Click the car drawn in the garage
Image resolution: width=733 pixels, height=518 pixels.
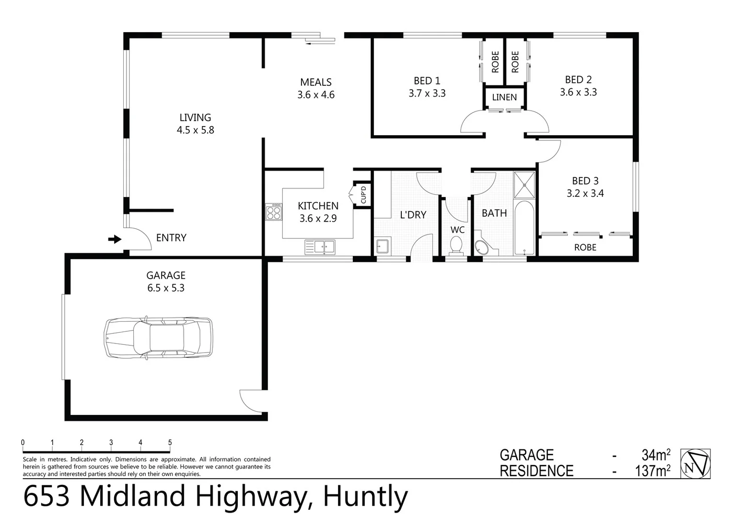pos(158,338)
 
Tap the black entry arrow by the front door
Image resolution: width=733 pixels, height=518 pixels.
pos(115,239)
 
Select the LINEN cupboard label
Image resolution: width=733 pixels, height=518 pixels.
pos(504,97)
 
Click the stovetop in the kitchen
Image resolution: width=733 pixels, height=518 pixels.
pos(274,212)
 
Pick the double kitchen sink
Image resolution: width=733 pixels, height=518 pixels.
pos(320,247)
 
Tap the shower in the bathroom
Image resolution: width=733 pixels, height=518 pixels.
pos(524,185)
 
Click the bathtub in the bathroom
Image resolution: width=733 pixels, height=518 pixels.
pos(524,228)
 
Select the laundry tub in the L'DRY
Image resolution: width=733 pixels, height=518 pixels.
pos(382,247)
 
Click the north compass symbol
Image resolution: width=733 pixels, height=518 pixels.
pos(696,463)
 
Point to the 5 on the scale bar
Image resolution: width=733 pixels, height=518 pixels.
pos(170,443)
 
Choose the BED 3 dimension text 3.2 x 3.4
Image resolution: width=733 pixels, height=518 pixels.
pos(585,194)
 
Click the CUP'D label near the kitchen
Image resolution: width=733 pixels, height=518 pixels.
pos(363,194)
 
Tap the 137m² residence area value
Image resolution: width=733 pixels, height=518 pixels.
pos(652,471)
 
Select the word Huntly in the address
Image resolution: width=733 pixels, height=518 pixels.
pos(365,496)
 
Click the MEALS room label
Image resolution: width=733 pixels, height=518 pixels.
pos(316,82)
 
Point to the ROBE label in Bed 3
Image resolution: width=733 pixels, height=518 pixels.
pos(585,247)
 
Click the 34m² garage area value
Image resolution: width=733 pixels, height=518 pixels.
pos(656,455)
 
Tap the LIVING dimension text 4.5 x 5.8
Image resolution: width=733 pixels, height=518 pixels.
pos(195,130)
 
